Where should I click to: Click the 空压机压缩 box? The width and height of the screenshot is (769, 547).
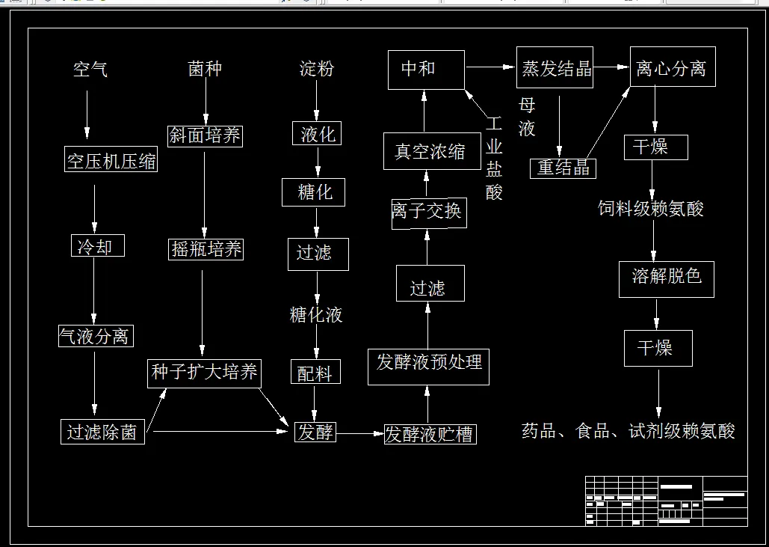click(x=111, y=161)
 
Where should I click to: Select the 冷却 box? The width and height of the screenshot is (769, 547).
click(x=94, y=245)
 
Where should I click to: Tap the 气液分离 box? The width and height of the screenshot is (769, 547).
click(x=95, y=336)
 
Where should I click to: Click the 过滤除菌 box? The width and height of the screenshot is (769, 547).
click(x=102, y=432)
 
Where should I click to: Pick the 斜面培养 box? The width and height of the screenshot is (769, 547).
click(x=206, y=135)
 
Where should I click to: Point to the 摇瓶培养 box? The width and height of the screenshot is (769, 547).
click(x=206, y=249)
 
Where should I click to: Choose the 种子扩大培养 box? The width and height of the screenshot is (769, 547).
click(x=204, y=373)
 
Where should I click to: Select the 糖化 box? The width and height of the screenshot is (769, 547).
click(x=315, y=192)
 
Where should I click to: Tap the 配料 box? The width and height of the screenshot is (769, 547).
click(x=315, y=372)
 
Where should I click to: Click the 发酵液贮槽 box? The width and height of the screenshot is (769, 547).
click(x=429, y=434)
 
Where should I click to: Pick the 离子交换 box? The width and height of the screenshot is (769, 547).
click(x=427, y=212)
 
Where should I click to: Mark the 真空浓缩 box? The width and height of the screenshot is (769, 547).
click(x=429, y=151)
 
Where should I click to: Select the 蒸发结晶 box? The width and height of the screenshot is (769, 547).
click(x=555, y=68)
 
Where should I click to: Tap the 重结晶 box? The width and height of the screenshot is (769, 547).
click(x=563, y=168)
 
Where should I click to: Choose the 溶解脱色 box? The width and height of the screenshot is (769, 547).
click(x=666, y=278)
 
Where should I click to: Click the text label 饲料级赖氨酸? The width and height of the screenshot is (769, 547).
click(x=650, y=209)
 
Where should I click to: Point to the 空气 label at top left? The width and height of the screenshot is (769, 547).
click(x=90, y=70)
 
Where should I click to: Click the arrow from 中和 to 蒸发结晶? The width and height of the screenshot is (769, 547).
click(x=490, y=67)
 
